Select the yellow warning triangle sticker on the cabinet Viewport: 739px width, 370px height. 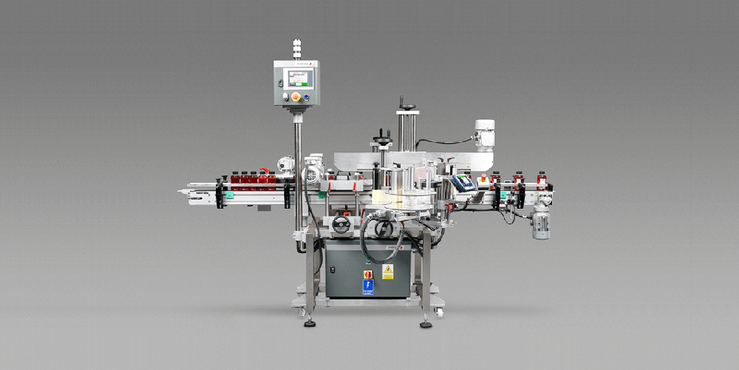[387, 272]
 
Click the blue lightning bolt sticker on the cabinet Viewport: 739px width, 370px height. [368, 285]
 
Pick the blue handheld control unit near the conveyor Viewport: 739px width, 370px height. [463, 183]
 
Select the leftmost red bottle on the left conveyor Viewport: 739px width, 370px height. [234, 180]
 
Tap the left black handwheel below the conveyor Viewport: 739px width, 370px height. [341, 225]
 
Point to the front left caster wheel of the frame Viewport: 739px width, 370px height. [301, 312]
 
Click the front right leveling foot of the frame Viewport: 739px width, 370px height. [426, 323]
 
